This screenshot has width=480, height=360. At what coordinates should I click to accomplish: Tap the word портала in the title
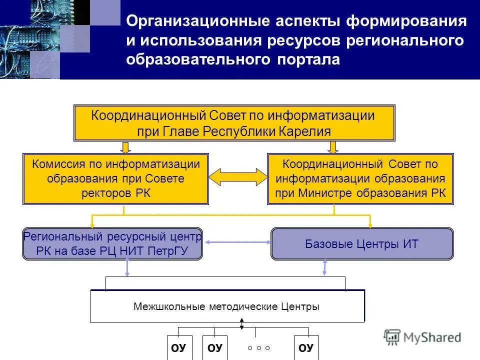[307, 59]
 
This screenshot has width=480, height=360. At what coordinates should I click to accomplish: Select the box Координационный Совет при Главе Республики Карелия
[234, 123]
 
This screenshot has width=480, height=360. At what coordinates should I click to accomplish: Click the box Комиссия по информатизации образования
[115, 178]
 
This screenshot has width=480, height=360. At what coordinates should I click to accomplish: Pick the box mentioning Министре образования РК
[360, 179]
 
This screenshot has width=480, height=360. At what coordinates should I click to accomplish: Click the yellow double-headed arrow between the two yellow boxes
[238, 177]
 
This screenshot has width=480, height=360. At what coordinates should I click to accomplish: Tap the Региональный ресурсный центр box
[112, 243]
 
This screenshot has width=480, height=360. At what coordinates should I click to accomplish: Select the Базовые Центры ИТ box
[362, 244]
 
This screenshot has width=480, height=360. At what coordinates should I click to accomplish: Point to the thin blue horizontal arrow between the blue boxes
[237, 243]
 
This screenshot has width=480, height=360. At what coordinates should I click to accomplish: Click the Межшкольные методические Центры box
[227, 306]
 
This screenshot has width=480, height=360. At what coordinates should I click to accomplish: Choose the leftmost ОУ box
[178, 347]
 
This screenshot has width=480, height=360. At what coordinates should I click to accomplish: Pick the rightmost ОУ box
[306, 347]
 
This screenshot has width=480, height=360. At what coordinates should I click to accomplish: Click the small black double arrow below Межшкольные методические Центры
[242, 324]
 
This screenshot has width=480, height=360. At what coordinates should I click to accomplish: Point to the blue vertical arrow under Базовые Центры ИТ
[325, 267]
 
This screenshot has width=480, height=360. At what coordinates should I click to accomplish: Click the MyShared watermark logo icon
[392, 336]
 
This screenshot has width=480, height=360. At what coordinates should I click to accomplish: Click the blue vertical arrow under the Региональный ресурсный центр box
[127, 268]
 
